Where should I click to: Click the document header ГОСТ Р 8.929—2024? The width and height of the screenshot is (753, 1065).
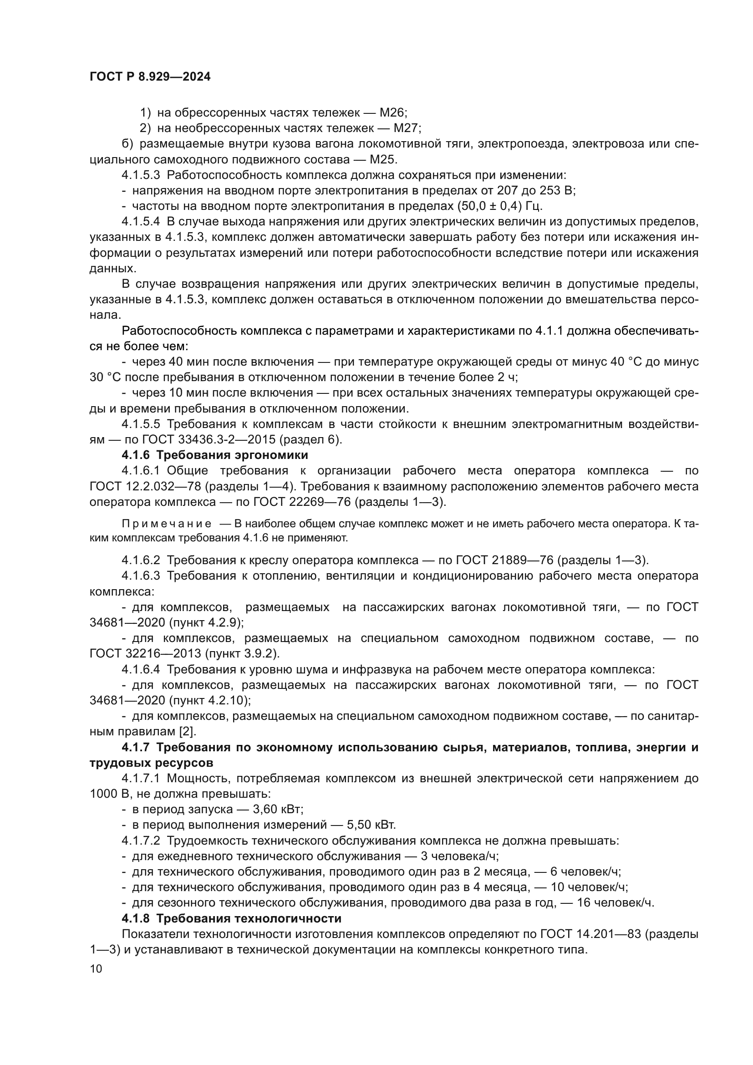pos(150,77)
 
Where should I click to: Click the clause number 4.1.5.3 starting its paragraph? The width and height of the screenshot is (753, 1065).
pos(142,175)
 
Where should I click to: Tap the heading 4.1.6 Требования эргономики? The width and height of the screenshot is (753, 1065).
pos(215,455)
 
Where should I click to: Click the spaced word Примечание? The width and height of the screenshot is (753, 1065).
pos(167,524)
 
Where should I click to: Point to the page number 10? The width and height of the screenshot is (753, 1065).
pos(96,969)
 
